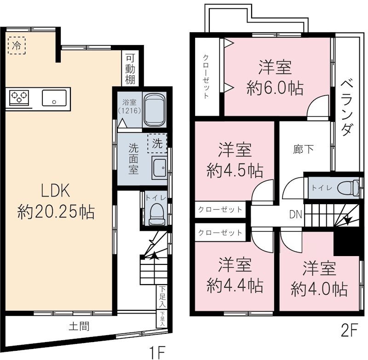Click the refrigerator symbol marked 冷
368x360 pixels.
(x=17, y=46)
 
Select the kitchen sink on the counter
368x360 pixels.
(x=54, y=97)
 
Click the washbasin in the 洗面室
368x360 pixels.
(x=160, y=168)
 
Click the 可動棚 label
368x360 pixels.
(x=131, y=69)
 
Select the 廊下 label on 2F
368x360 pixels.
(x=303, y=149)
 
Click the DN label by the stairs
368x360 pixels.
(x=295, y=213)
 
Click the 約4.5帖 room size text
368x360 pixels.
(x=235, y=171)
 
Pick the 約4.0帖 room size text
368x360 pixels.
(x=319, y=290)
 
